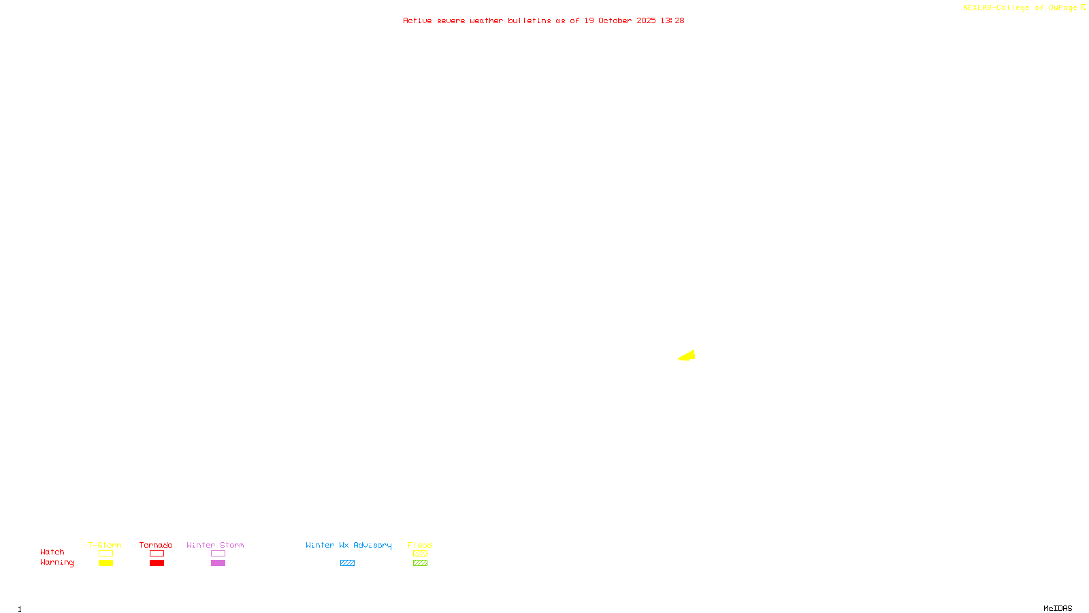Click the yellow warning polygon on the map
click(x=688, y=356)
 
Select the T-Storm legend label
click(x=105, y=545)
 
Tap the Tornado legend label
click(x=156, y=545)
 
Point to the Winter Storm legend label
click(x=215, y=545)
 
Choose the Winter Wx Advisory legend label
click(x=348, y=545)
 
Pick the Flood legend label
click(x=420, y=545)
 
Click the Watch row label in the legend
click(x=52, y=552)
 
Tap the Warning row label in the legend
click(x=57, y=563)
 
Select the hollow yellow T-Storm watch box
click(x=105, y=554)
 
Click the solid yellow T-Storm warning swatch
click(x=105, y=563)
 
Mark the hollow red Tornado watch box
click(x=157, y=554)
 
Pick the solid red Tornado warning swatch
click(x=157, y=563)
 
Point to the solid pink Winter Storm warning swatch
click(x=218, y=563)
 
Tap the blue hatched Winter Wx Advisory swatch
click(x=347, y=563)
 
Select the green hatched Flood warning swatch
click(x=420, y=563)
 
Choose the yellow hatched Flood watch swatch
click(x=420, y=554)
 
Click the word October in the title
click(x=615, y=20)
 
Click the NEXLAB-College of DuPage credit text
click(x=1020, y=7)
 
